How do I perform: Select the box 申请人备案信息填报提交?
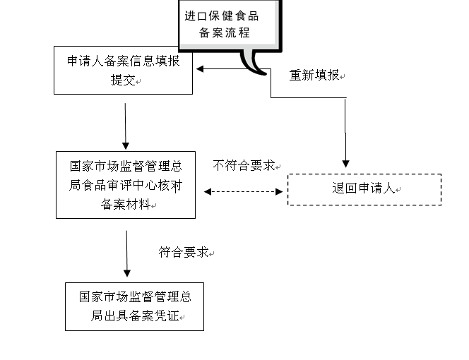pyautogui.click(x=124, y=70)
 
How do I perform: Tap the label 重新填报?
pyautogui.click(x=314, y=76)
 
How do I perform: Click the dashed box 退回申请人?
pyautogui.click(x=364, y=189)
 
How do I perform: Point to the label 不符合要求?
pyautogui.click(x=243, y=166)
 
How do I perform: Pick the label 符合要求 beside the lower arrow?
pyautogui.click(x=183, y=252)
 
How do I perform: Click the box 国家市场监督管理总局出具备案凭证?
pyautogui.click(x=134, y=306)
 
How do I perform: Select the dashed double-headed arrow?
pyautogui.click(x=244, y=191)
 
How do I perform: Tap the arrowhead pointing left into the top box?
pyautogui.click(x=201, y=68)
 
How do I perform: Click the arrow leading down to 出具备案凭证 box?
pyautogui.click(x=127, y=253)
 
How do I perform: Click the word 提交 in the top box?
pyautogui.click(x=124, y=80)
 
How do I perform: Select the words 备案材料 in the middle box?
pyautogui.click(x=124, y=204)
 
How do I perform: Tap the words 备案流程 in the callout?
pyautogui.click(x=224, y=33)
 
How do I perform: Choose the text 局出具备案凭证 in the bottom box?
pyautogui.click(x=131, y=316)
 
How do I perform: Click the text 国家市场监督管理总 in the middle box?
pyautogui.click(x=126, y=167)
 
